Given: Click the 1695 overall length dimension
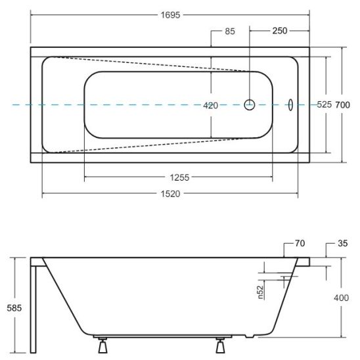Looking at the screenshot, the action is click(170, 15).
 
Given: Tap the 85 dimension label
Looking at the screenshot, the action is click(230, 32).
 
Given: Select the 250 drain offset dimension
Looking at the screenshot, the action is click(280, 31).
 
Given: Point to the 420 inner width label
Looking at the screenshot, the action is click(210, 106).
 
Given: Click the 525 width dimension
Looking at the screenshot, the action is click(324, 104).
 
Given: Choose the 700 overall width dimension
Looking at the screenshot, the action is click(342, 105).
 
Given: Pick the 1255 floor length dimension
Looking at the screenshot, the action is click(179, 177).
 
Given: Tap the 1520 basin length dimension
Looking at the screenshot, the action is click(170, 194).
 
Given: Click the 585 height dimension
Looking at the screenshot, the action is click(14, 308).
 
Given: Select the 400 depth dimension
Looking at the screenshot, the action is click(341, 298).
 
